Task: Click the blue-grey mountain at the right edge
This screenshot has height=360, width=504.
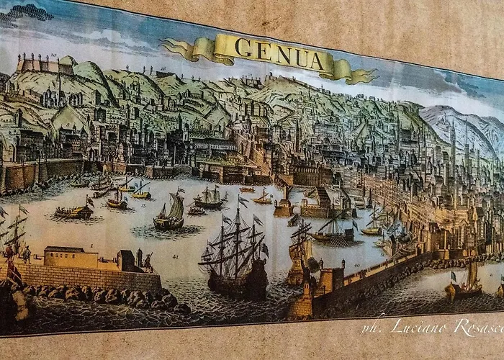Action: click(x=461, y=126)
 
